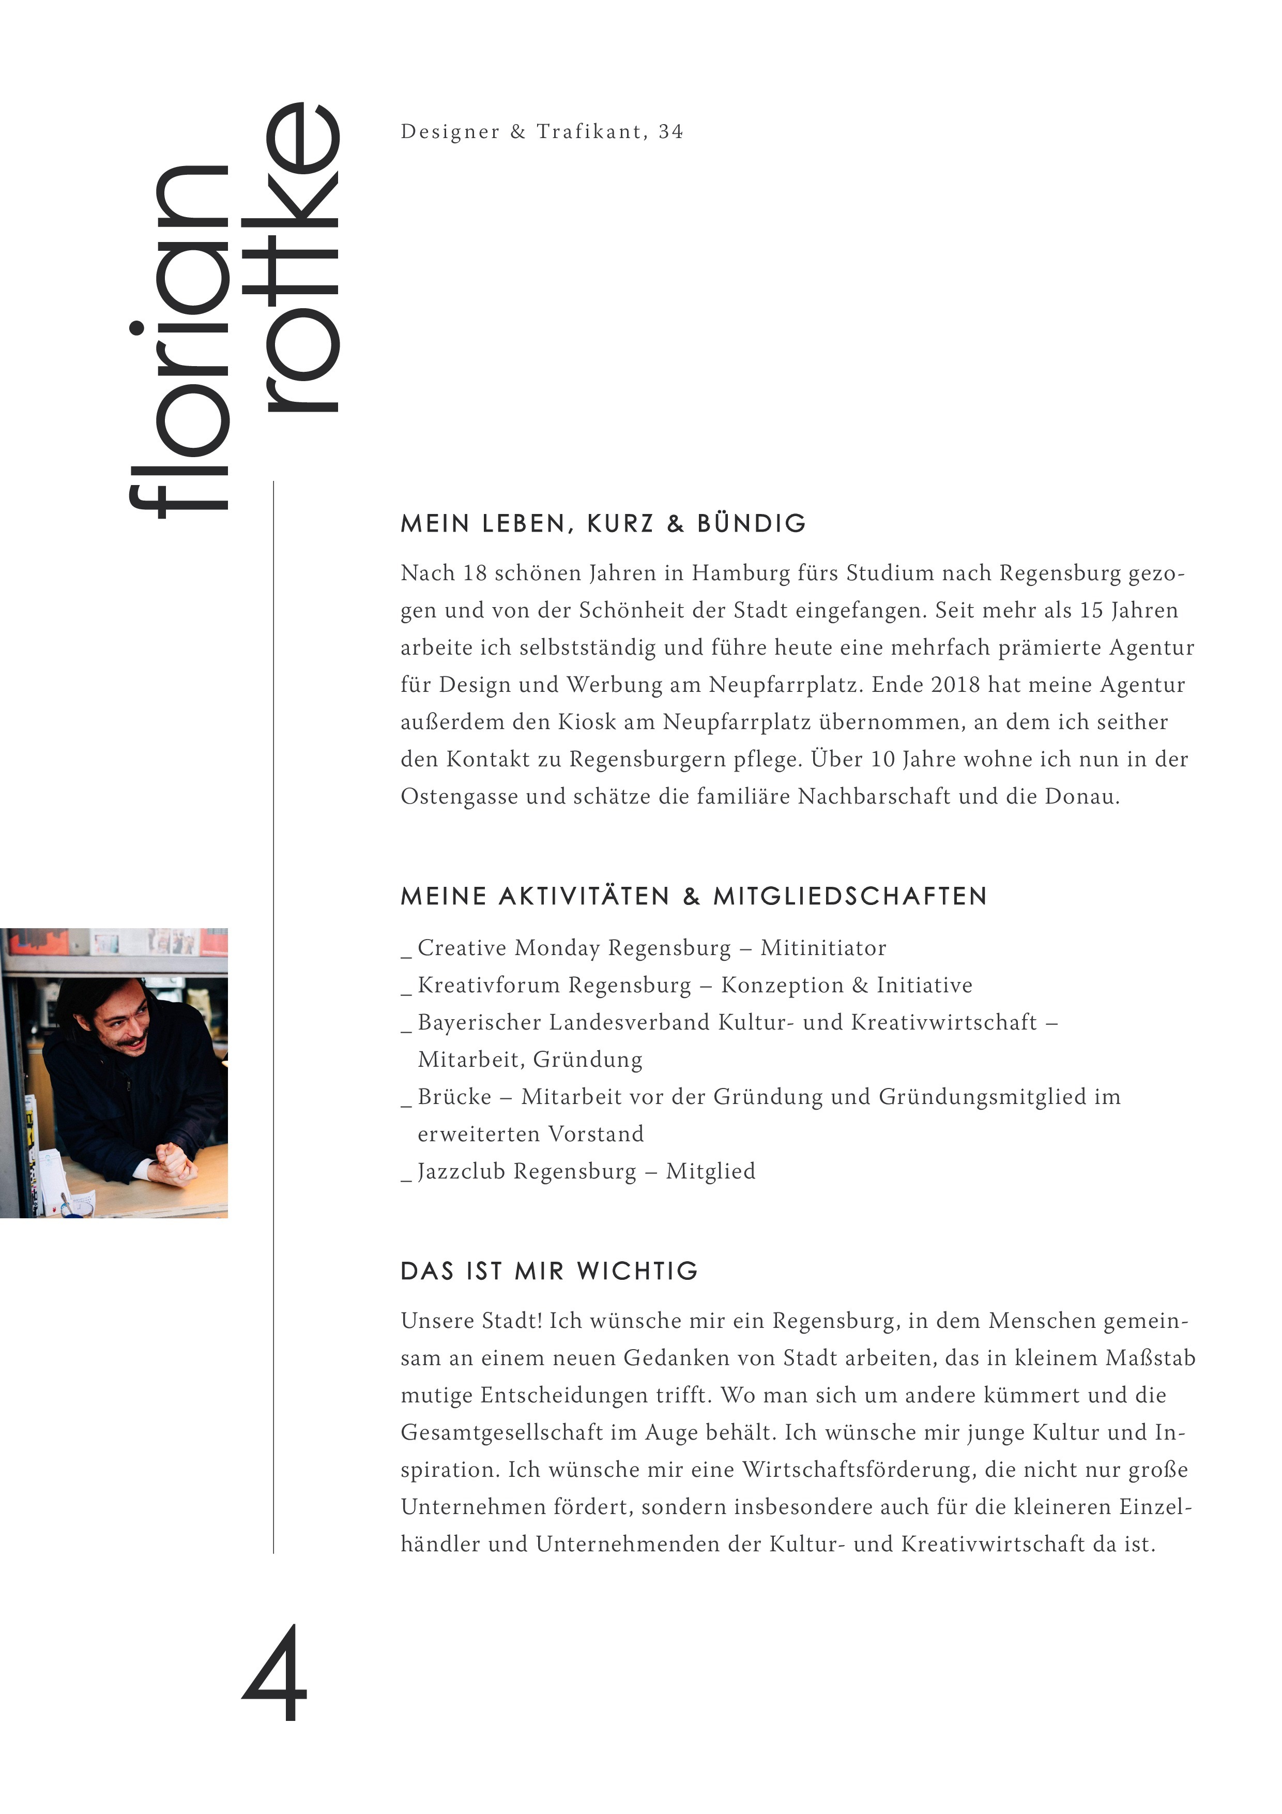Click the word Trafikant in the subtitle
pos(589,132)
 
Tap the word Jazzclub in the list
pos(462,1172)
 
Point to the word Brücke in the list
pos(454,1097)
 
